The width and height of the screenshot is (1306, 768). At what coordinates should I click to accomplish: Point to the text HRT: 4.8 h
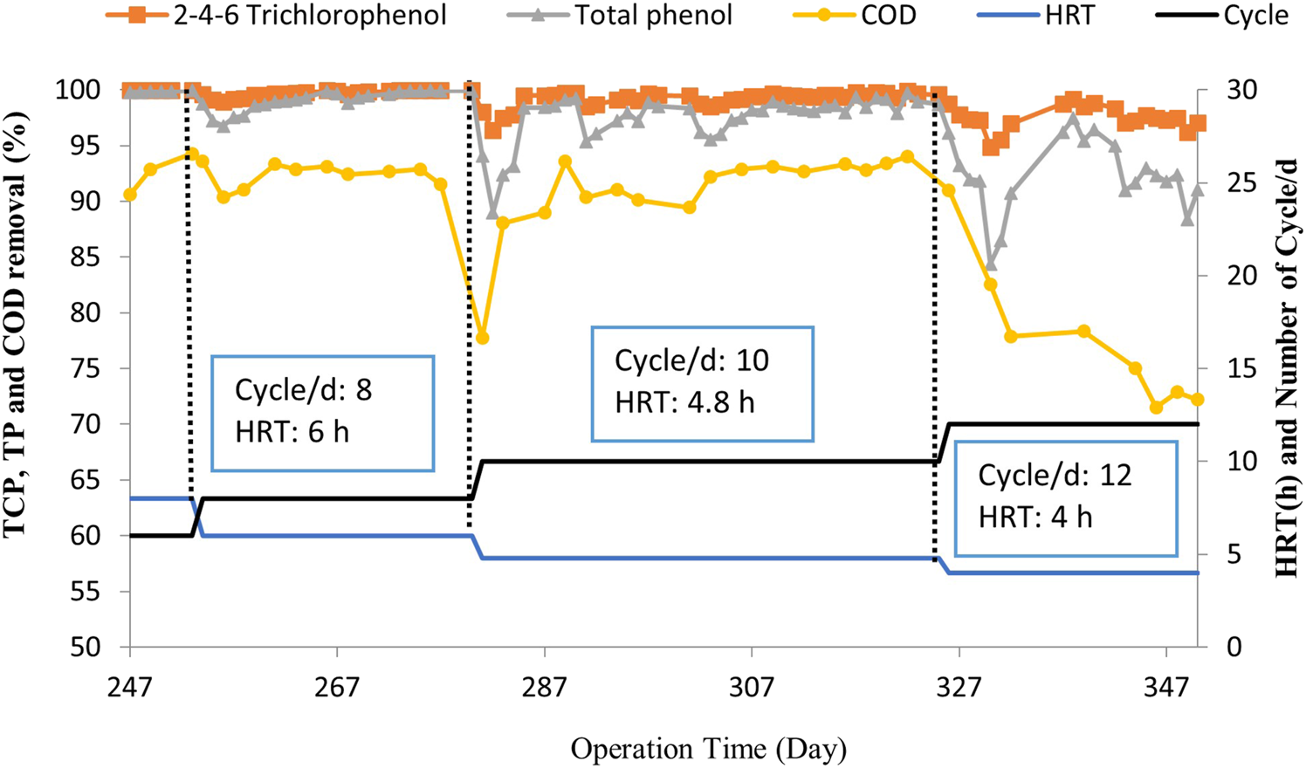[x=685, y=402]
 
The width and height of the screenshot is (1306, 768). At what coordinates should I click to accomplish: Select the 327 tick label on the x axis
[x=959, y=687]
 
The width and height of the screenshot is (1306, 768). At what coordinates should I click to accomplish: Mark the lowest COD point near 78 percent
[x=482, y=338]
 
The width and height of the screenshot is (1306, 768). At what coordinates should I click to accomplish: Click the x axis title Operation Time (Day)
[x=708, y=749]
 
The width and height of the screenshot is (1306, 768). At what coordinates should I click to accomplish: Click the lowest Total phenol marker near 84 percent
[x=990, y=264]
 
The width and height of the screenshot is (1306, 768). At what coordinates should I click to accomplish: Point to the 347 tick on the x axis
[x=1166, y=687]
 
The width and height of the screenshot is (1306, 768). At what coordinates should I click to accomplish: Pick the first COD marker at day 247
[x=130, y=195]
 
